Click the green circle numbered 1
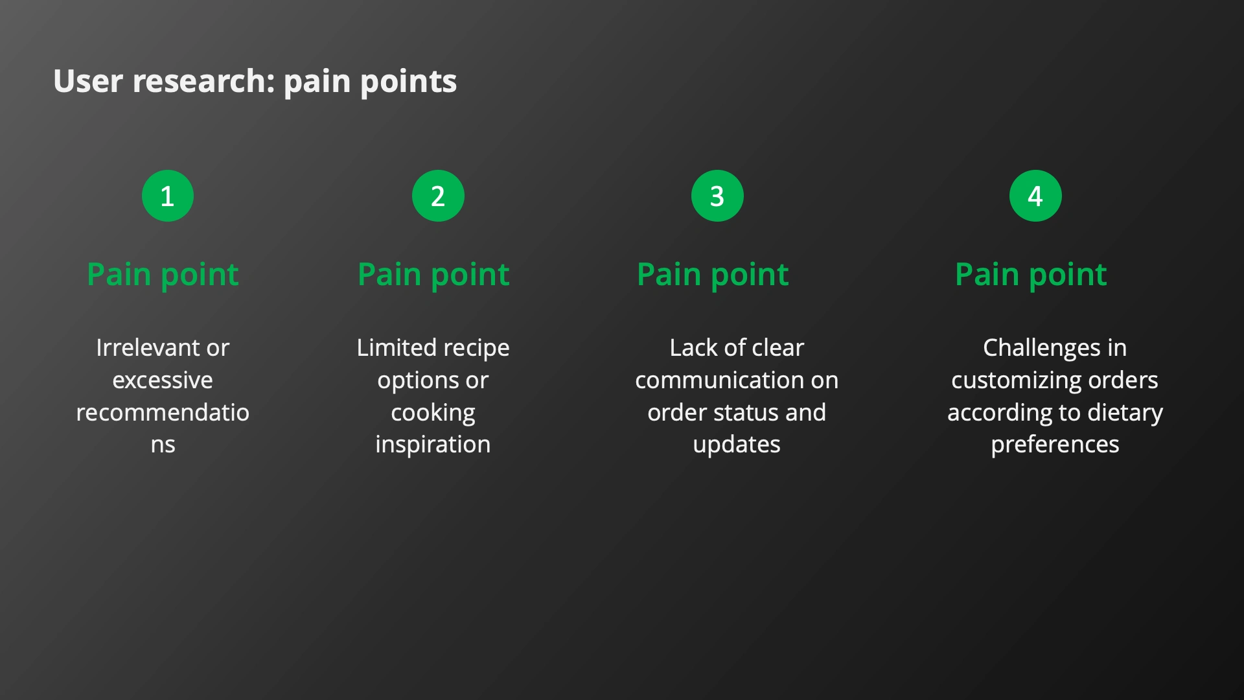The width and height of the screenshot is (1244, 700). click(x=168, y=196)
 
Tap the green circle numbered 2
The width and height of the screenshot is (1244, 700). click(x=438, y=196)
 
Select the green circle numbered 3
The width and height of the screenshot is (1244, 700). click(x=717, y=196)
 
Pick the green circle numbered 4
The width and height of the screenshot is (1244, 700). click(x=1035, y=196)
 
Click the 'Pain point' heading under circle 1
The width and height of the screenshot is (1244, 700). click(x=163, y=275)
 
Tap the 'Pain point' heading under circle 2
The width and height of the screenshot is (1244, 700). click(x=433, y=275)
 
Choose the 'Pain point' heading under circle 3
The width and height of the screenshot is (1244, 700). click(x=713, y=275)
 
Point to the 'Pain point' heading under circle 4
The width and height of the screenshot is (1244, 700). click(x=1031, y=275)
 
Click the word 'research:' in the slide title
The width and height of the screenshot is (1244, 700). click(x=204, y=81)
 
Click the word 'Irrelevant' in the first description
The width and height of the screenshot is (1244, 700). click(x=149, y=348)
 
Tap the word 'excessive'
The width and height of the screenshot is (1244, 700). click(x=163, y=380)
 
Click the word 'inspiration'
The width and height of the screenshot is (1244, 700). click(x=433, y=445)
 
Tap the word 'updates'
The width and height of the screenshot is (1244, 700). click(x=737, y=445)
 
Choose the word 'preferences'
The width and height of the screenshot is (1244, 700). click(x=1055, y=445)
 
